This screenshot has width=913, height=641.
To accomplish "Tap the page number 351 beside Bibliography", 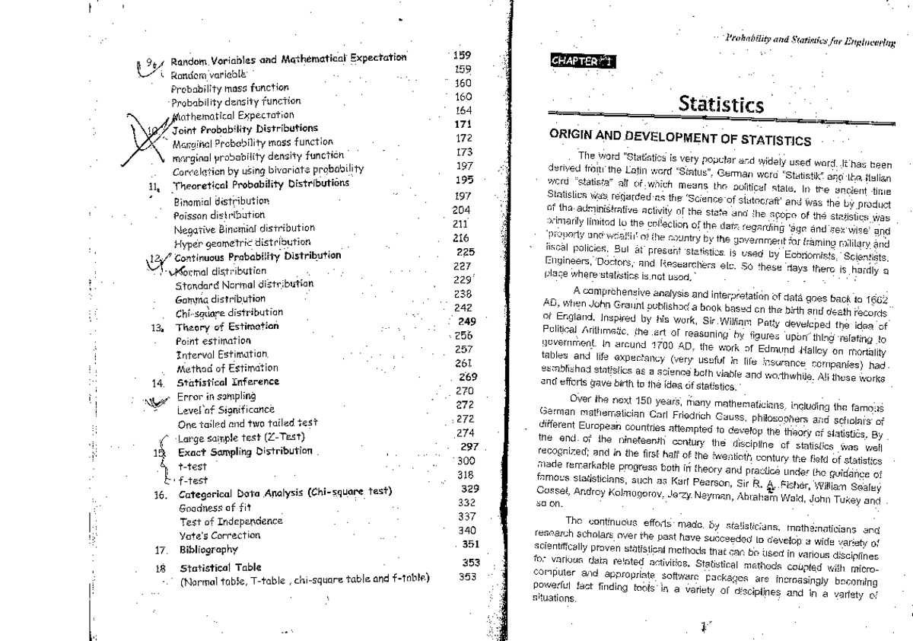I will pyautogui.click(x=470, y=544).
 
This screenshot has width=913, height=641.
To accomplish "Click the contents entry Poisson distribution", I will pyautogui.click(x=221, y=215).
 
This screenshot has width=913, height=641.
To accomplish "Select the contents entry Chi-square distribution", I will pyautogui.click(x=229, y=312).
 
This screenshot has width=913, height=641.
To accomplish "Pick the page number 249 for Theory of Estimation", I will pyautogui.click(x=466, y=321).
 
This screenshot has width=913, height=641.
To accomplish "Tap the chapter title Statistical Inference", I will pyautogui.click(x=228, y=382).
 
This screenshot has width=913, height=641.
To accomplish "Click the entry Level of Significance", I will pyautogui.click(x=224, y=410).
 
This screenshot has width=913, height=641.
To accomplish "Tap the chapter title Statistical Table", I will pyautogui.click(x=221, y=568).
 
